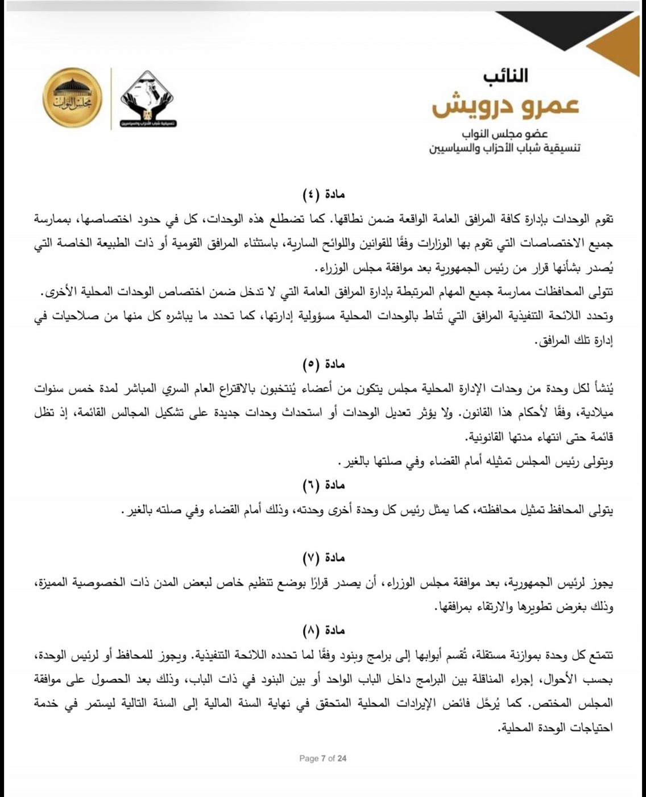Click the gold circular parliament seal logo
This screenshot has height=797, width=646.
[x=72, y=98]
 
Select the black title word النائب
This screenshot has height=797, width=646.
[x=506, y=75]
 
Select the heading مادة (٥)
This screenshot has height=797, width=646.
[x=322, y=364]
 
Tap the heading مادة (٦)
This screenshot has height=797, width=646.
[x=322, y=486]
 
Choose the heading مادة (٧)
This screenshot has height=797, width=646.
[x=322, y=558]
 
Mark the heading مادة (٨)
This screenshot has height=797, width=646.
[x=322, y=631]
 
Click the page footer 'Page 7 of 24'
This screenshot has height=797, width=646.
[x=322, y=758]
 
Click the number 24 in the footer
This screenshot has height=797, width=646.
[x=342, y=758]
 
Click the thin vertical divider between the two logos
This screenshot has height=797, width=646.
[x=111, y=98]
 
